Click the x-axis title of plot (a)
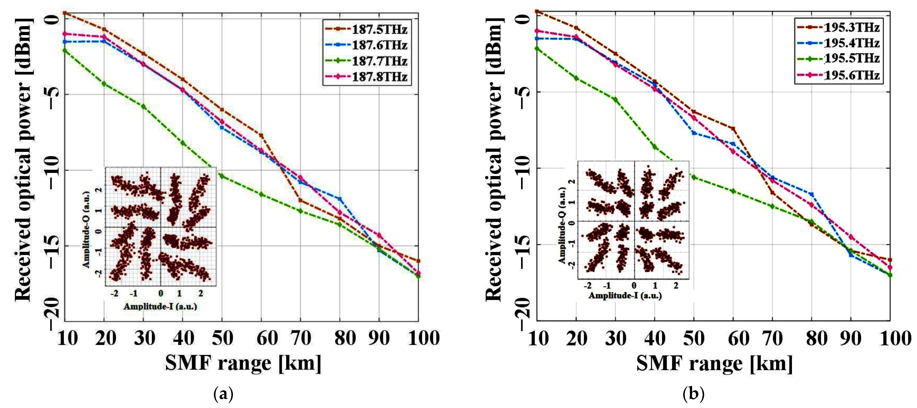click(243, 363)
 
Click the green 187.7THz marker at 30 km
click(143, 106)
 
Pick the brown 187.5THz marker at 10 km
click(65, 13)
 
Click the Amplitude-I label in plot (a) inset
click(160, 306)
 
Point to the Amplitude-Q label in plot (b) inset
click(562, 225)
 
